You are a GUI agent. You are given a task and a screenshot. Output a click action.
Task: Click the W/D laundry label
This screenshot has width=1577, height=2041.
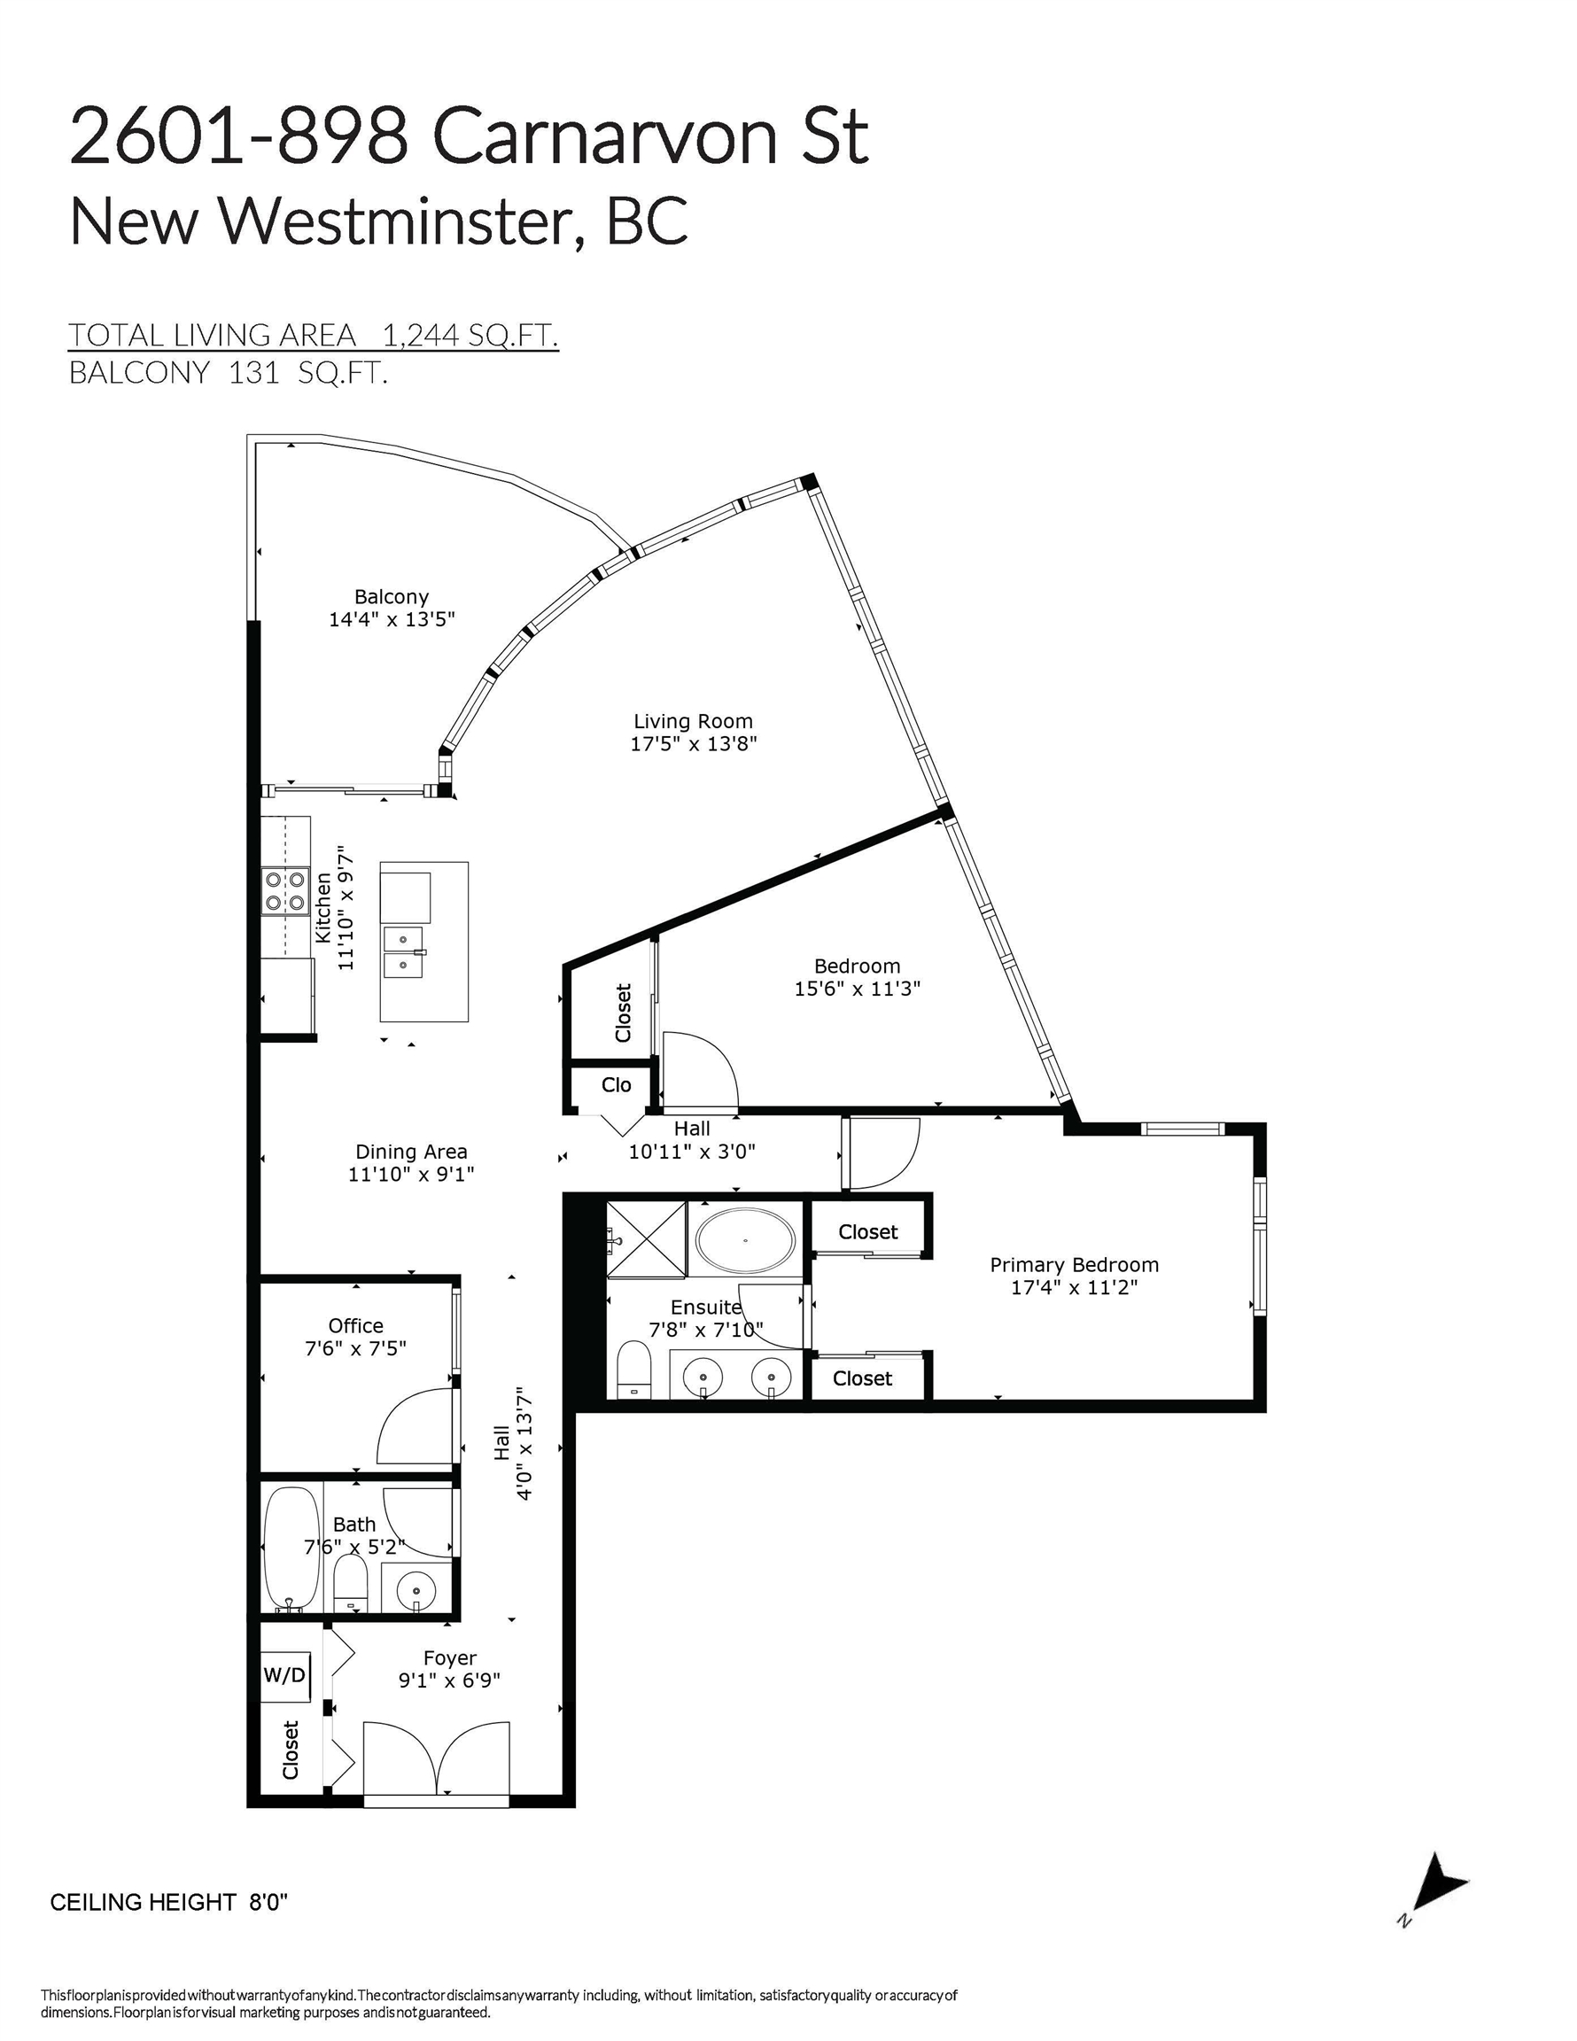284,1674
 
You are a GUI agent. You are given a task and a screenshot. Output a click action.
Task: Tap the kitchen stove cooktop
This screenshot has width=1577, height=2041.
285,890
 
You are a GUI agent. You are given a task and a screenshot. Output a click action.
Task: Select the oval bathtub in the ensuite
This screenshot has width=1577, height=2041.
745,1240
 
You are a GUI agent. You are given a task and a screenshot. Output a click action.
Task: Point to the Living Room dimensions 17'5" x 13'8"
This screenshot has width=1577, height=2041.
693,744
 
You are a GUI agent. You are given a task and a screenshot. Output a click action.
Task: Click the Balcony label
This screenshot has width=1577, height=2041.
391,596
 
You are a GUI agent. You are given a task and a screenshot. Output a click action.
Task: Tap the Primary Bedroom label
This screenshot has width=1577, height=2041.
1074,1264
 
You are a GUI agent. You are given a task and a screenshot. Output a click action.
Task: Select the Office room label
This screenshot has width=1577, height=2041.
355,1325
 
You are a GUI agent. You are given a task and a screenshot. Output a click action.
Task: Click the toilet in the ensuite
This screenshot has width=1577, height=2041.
633,1372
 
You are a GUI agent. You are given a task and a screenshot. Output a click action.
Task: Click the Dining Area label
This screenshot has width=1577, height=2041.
411,1152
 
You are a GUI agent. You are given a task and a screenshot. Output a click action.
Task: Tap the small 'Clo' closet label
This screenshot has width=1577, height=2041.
616,1084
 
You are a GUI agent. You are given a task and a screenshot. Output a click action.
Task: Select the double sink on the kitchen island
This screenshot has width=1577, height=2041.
403,951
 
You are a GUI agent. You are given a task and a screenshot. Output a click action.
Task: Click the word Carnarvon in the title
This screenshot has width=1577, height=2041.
605,138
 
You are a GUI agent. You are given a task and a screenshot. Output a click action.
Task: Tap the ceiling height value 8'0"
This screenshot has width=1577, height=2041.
268,1902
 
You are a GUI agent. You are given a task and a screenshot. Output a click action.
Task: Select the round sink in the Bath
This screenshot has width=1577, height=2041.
415,1588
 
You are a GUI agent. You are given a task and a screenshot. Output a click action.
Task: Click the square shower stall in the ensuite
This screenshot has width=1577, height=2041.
647,1238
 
